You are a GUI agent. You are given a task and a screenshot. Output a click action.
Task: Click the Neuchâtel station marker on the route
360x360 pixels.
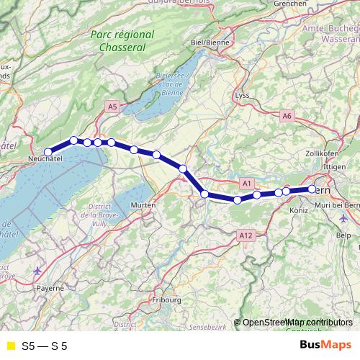click(48, 152)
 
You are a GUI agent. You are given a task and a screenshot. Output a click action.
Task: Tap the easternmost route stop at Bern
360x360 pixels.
click(312, 189)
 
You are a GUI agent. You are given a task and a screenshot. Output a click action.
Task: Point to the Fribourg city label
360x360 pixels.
click(167, 299)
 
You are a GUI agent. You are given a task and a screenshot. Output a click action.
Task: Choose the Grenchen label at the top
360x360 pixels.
click(289, 4)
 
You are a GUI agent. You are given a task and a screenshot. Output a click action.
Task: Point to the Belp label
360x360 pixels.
click(343, 235)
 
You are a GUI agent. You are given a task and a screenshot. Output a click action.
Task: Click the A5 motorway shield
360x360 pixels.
click(112, 107)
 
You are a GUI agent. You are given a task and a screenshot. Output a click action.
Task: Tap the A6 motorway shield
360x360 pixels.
click(287, 115)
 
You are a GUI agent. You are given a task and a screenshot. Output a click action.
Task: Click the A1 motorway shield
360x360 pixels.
click(247, 184)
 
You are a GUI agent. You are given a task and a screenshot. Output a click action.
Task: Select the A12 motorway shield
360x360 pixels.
click(245, 235)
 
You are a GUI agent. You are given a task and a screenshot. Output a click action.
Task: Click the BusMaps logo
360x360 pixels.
click(326, 346)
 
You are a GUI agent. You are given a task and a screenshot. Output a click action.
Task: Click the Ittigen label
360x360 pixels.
click(336, 166)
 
